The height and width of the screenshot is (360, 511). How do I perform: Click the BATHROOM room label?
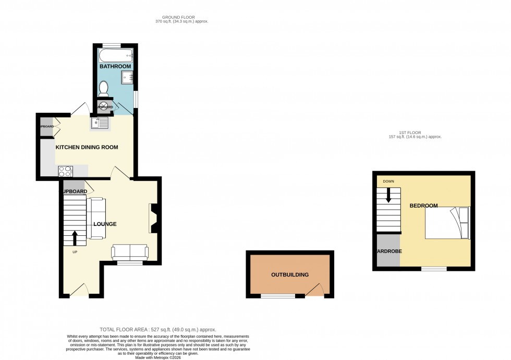point(115,66)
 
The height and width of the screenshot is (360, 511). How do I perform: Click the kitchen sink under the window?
point(99,123)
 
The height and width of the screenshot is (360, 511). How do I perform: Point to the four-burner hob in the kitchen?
point(65,171)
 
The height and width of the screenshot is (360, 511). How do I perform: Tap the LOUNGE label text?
point(104,224)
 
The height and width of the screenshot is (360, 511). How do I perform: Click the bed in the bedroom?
point(447,223)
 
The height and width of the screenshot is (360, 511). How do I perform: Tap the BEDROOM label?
point(423,206)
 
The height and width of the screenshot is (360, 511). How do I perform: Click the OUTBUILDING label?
point(290,274)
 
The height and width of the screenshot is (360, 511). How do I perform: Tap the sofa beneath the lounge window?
point(130,253)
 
